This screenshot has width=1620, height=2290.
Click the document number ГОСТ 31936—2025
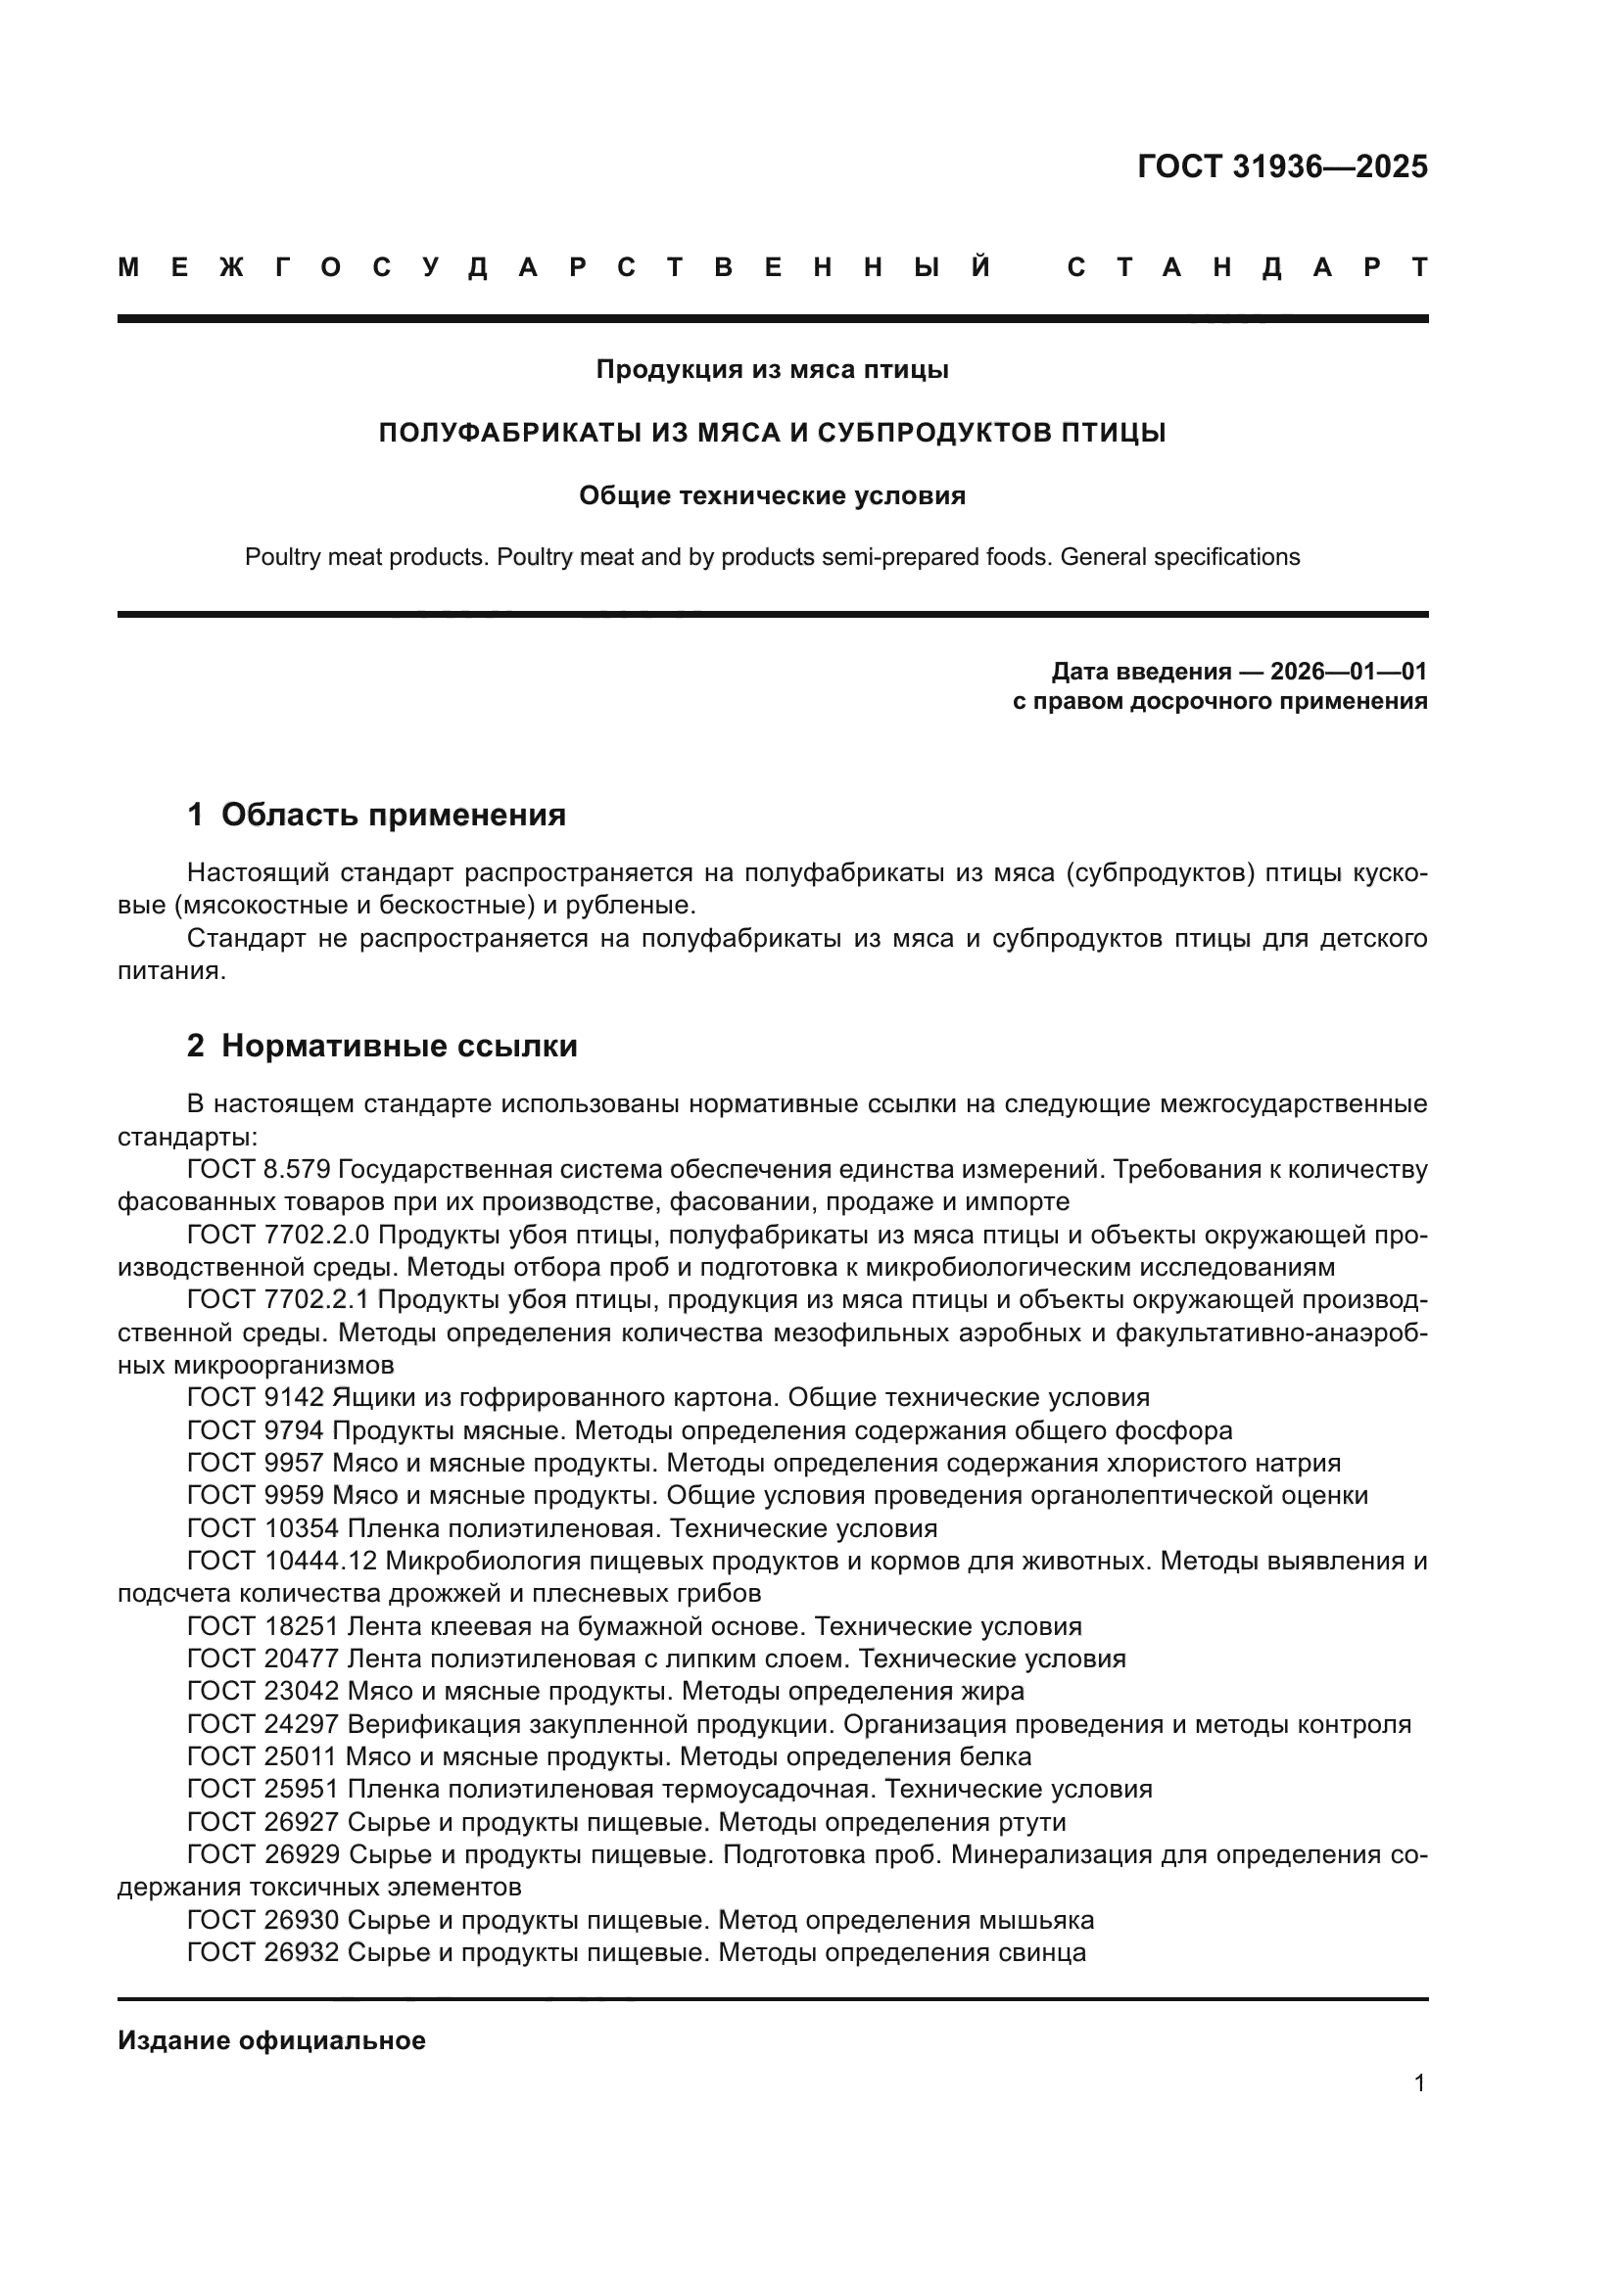pos(1282,166)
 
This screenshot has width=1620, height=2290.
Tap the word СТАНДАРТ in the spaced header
pos(1247,267)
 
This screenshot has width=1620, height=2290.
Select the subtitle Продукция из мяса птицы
pos(772,370)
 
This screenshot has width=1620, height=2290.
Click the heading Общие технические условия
pos(772,495)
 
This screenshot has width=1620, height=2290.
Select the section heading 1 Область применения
pos(376,815)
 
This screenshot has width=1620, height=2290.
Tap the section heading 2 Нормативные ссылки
pos(382,1047)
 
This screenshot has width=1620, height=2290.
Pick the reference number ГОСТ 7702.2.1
pos(278,1299)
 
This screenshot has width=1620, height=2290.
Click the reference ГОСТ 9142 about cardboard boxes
pos(256,1397)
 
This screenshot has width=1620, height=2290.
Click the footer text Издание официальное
pos(271,2040)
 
